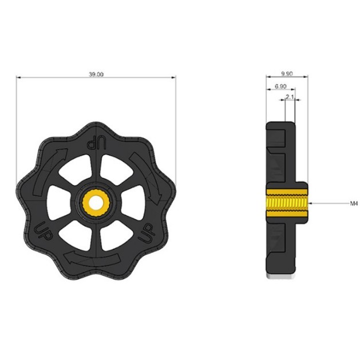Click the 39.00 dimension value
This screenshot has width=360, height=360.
click(x=96, y=74)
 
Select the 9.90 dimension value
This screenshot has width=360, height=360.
click(x=287, y=74)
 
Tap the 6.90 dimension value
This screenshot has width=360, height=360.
click(x=280, y=86)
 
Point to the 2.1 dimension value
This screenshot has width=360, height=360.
click(x=290, y=97)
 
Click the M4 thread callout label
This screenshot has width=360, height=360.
click(x=354, y=203)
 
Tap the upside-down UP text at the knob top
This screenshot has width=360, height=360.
click(x=97, y=144)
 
